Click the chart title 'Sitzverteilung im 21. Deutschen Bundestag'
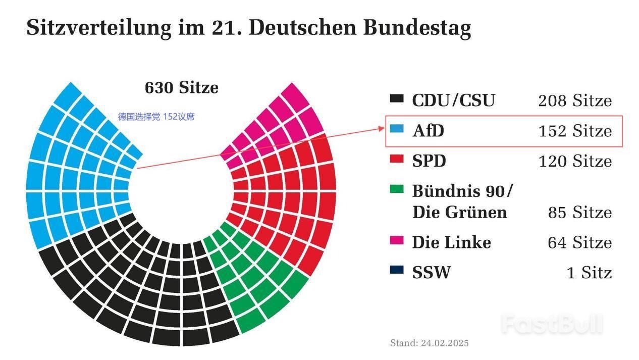pyautogui.click(x=248, y=28)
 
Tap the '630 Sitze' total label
pyautogui.click(x=182, y=88)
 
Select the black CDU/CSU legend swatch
pyautogui.click(x=397, y=99)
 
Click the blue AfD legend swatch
pyautogui.click(x=397, y=129)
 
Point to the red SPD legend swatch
pyautogui.click(x=397, y=160)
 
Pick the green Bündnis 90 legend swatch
pyautogui.click(x=397, y=190)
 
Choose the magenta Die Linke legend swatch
pyautogui.click(x=397, y=241)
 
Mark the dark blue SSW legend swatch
pyautogui.click(x=397, y=271)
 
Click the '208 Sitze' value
pyautogui.click(x=575, y=101)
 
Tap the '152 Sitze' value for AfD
pyautogui.click(x=575, y=131)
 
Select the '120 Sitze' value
pyautogui.click(x=575, y=162)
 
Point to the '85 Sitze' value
pyautogui.click(x=580, y=213)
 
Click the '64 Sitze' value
pyautogui.click(x=580, y=243)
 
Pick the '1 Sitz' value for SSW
pyautogui.click(x=589, y=273)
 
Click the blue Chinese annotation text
pyautogui.click(x=156, y=117)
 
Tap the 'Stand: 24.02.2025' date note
pyautogui.click(x=429, y=343)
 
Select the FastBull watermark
pyautogui.click(x=552, y=324)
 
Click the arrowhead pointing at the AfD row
pyautogui.click(x=382, y=129)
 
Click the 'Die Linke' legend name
pyautogui.click(x=451, y=242)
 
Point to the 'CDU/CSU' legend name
pyautogui.click(x=453, y=100)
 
